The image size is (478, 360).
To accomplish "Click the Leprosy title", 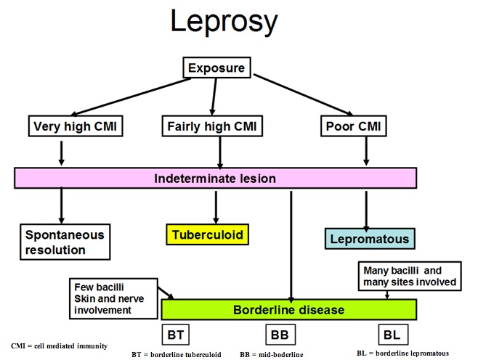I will [x=223, y=22].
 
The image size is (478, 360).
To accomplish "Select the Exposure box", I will [x=217, y=69].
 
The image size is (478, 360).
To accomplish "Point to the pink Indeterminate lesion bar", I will [x=216, y=178].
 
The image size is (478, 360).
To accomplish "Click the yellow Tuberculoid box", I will [x=207, y=235].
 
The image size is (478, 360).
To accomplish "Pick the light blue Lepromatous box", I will [x=369, y=239].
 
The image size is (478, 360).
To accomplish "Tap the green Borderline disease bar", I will [x=288, y=310].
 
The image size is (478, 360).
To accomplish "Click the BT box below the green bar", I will [x=175, y=335].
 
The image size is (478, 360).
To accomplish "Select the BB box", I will [x=279, y=335].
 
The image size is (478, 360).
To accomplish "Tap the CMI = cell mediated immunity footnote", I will [x=59, y=345].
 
